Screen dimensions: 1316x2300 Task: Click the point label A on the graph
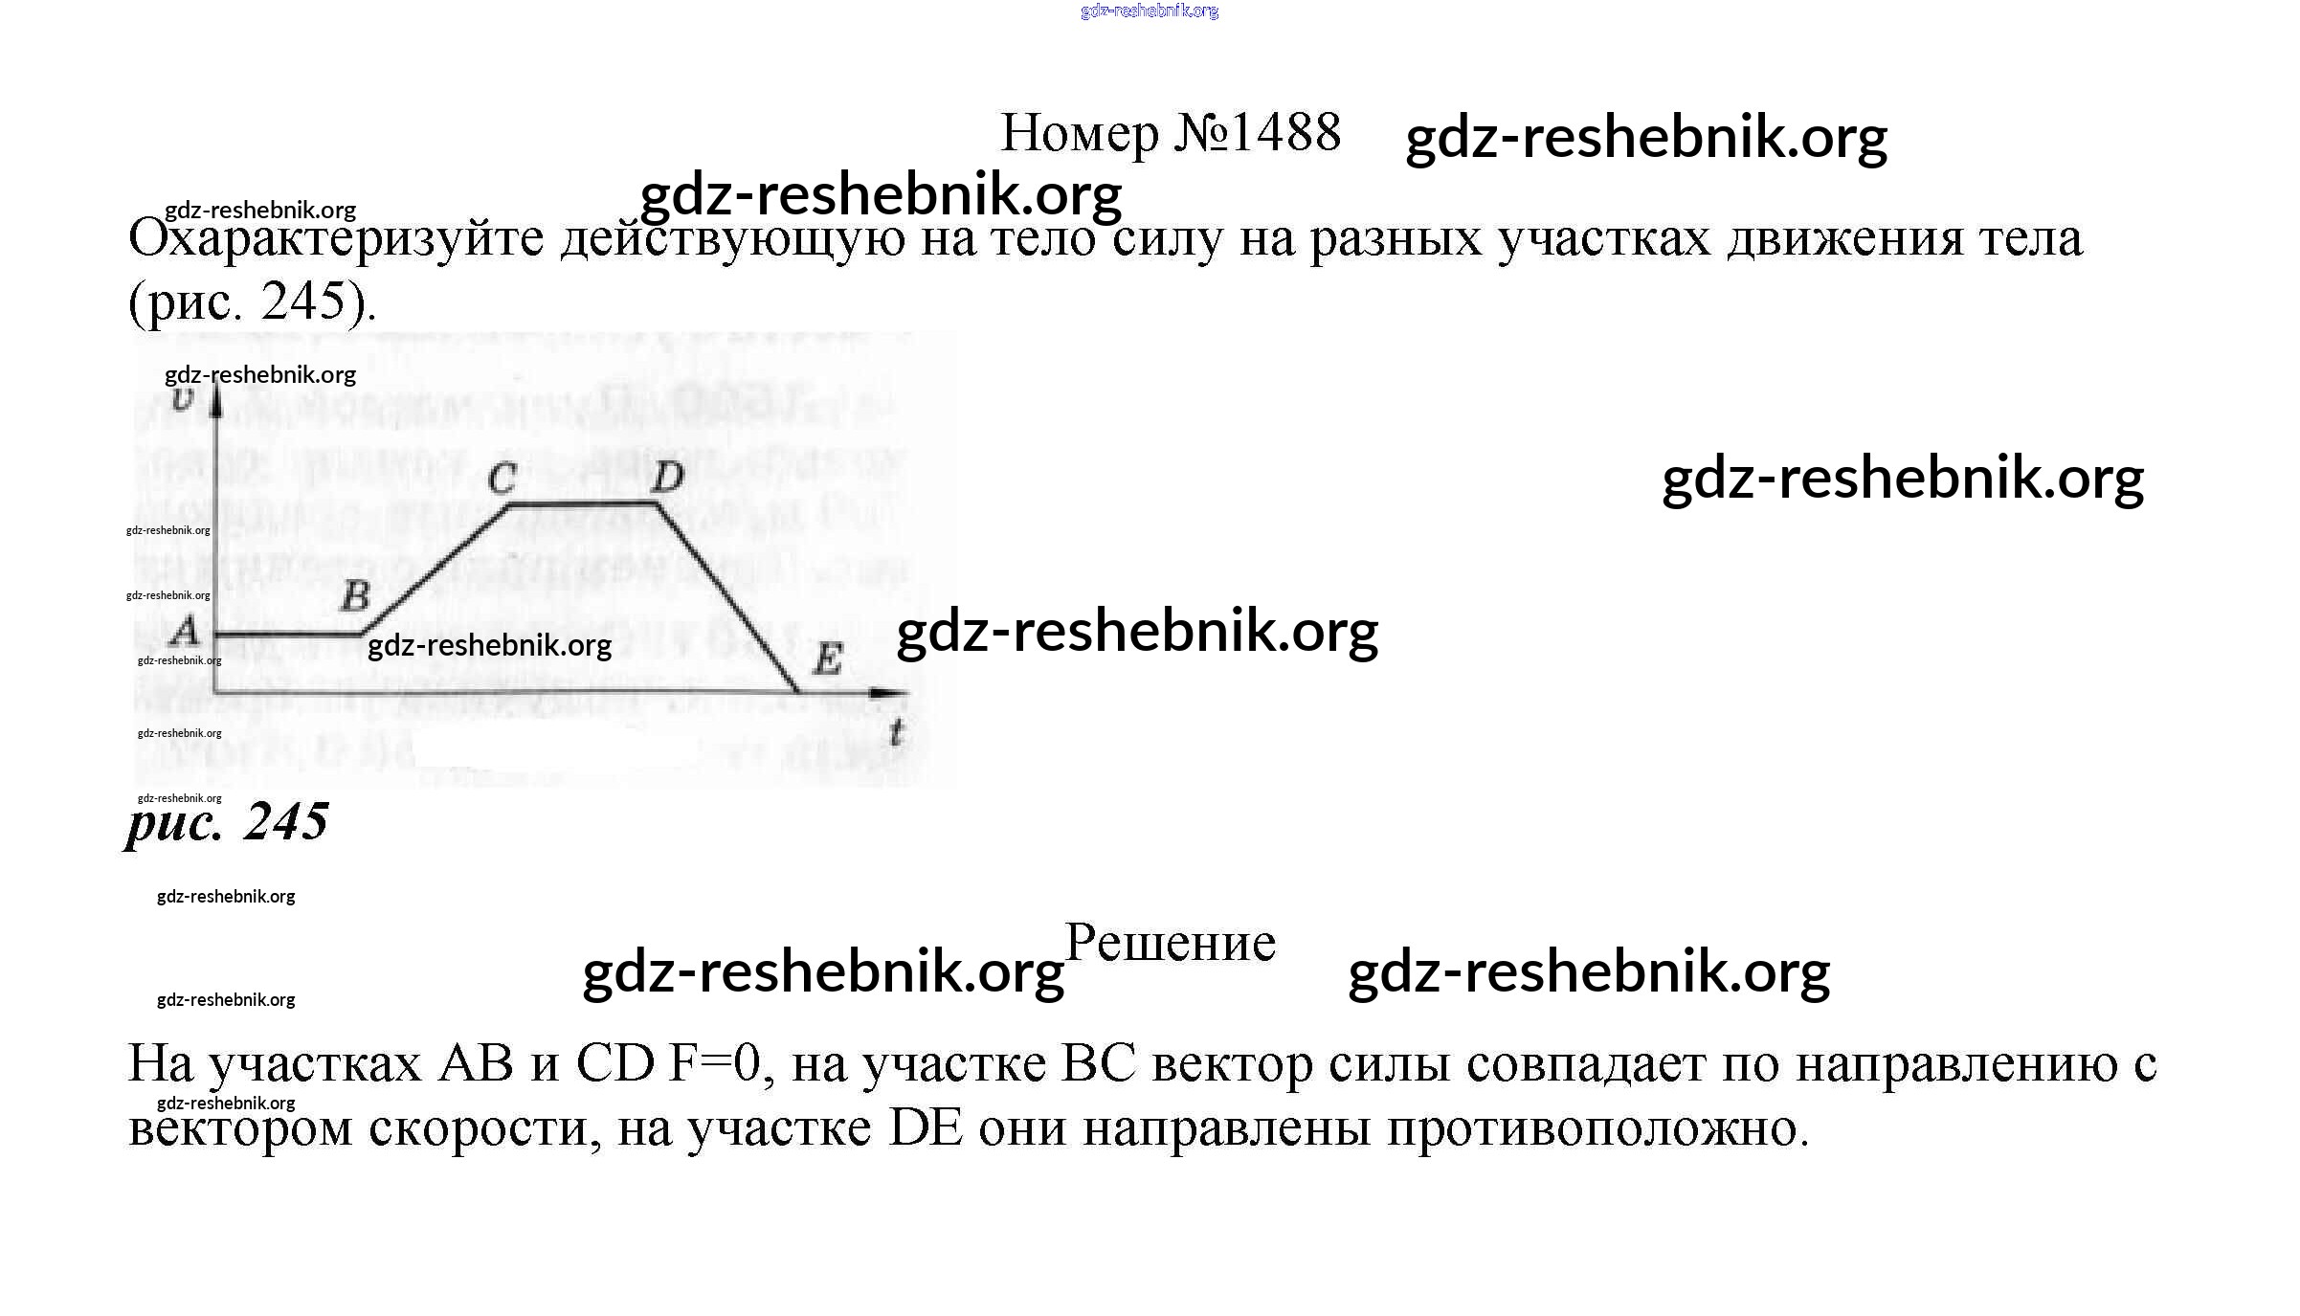[184, 631]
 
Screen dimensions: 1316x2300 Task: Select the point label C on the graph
[502, 478]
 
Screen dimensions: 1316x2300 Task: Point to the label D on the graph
[667, 476]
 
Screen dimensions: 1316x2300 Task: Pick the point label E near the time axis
[826, 658]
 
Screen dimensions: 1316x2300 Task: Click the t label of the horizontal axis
[896, 733]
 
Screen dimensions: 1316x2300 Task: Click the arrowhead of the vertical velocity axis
[217, 397]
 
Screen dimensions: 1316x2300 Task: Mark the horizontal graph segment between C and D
[581, 502]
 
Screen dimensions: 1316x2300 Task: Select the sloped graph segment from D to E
[727, 598]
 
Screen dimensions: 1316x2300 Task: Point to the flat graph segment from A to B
[287, 634]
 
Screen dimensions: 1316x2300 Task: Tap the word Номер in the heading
[1079, 134]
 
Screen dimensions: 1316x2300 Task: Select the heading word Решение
[1170, 943]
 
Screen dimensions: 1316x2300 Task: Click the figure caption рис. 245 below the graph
[228, 821]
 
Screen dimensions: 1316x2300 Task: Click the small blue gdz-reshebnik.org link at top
[1149, 11]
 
